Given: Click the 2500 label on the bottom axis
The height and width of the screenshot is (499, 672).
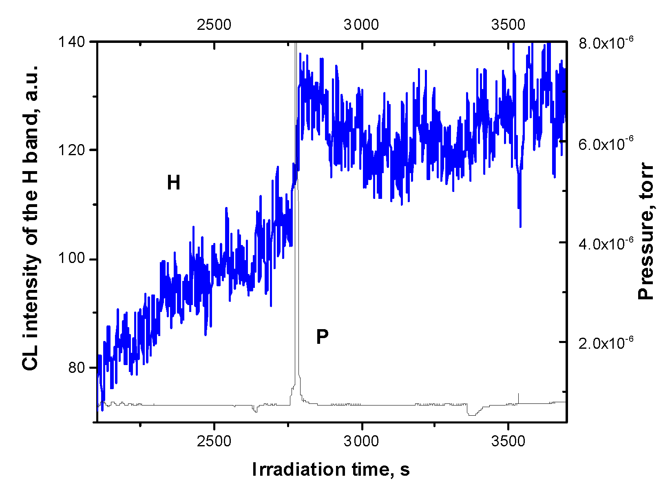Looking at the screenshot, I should tap(214, 441).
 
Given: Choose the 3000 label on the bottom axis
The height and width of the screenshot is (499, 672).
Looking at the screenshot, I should tap(361, 441).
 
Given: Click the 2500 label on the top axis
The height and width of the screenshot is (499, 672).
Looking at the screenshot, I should tap(214, 25).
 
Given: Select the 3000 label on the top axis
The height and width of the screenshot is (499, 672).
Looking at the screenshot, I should tap(361, 25).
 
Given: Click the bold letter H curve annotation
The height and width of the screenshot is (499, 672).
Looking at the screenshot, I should tap(174, 183).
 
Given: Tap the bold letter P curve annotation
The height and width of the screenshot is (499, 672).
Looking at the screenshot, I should tap(322, 337).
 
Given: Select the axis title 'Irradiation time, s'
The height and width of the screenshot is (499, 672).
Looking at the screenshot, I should tap(331, 470).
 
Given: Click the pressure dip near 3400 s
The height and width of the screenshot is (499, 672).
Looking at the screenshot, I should tap(472, 414).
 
